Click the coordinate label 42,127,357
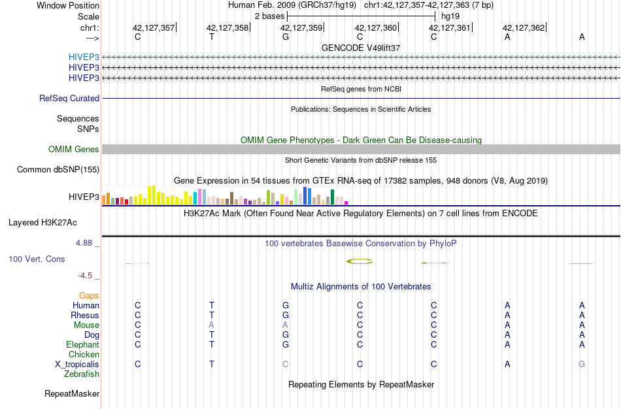pyautogui.click(x=154, y=27)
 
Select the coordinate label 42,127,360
pyautogui.click(x=376, y=27)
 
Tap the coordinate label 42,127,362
pyautogui.click(x=523, y=27)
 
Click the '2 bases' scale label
pyautogui.click(x=269, y=16)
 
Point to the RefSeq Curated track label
pyautogui.click(x=69, y=98)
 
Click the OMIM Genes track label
pyautogui.click(x=74, y=150)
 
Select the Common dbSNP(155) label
pyautogui.click(x=58, y=170)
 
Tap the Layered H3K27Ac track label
pyautogui.click(x=42, y=222)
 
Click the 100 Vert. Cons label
pyautogui.click(x=37, y=259)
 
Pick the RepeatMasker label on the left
pyautogui.click(x=72, y=394)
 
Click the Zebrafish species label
pyautogui.click(x=82, y=374)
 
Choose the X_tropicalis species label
pyautogui.click(x=77, y=364)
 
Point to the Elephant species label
pyautogui.click(x=82, y=344)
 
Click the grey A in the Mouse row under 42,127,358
pyautogui.click(x=211, y=325)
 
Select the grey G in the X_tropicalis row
pyautogui.click(x=582, y=364)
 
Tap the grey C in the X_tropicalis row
pyautogui.click(x=285, y=364)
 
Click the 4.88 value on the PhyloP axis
pyautogui.click(x=86, y=242)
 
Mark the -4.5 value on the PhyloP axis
pyautogui.click(x=87, y=276)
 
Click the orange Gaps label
pyautogui.click(x=89, y=295)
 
